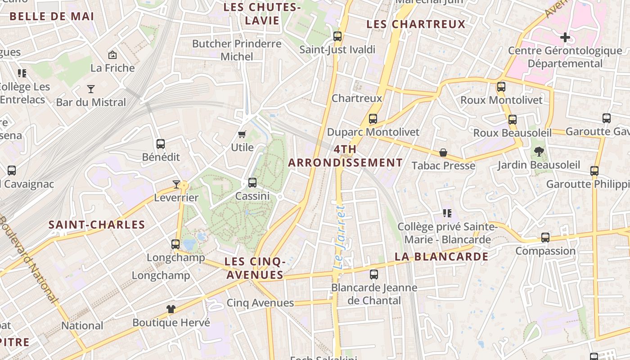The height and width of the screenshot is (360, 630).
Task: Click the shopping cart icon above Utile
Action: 242,134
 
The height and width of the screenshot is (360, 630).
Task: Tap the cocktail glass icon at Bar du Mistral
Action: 91,89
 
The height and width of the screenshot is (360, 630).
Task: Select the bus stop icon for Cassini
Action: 252,183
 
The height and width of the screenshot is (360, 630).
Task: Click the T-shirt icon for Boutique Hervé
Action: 171,309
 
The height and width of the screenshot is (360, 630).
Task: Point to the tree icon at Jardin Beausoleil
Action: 539,152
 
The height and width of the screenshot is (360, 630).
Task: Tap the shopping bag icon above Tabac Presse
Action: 443,153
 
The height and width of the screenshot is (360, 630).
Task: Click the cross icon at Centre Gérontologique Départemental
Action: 565,37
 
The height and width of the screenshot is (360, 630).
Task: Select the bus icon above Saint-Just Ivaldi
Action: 337,36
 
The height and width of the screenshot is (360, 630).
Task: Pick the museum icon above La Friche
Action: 112,55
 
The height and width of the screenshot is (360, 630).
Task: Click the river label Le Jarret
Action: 340,237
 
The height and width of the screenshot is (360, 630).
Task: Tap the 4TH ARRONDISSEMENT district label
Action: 346,156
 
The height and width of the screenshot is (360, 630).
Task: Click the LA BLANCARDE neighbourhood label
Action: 441,256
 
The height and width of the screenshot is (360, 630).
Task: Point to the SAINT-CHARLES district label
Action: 97,225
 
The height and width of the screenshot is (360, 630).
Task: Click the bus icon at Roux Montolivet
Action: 501,87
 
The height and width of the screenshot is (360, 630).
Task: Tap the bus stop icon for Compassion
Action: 545,238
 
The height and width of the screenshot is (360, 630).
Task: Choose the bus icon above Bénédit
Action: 161,144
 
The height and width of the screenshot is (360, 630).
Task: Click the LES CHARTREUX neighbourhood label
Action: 416,24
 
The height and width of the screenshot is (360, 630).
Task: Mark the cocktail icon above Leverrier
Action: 176,184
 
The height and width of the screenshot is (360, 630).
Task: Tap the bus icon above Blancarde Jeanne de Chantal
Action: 374,274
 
